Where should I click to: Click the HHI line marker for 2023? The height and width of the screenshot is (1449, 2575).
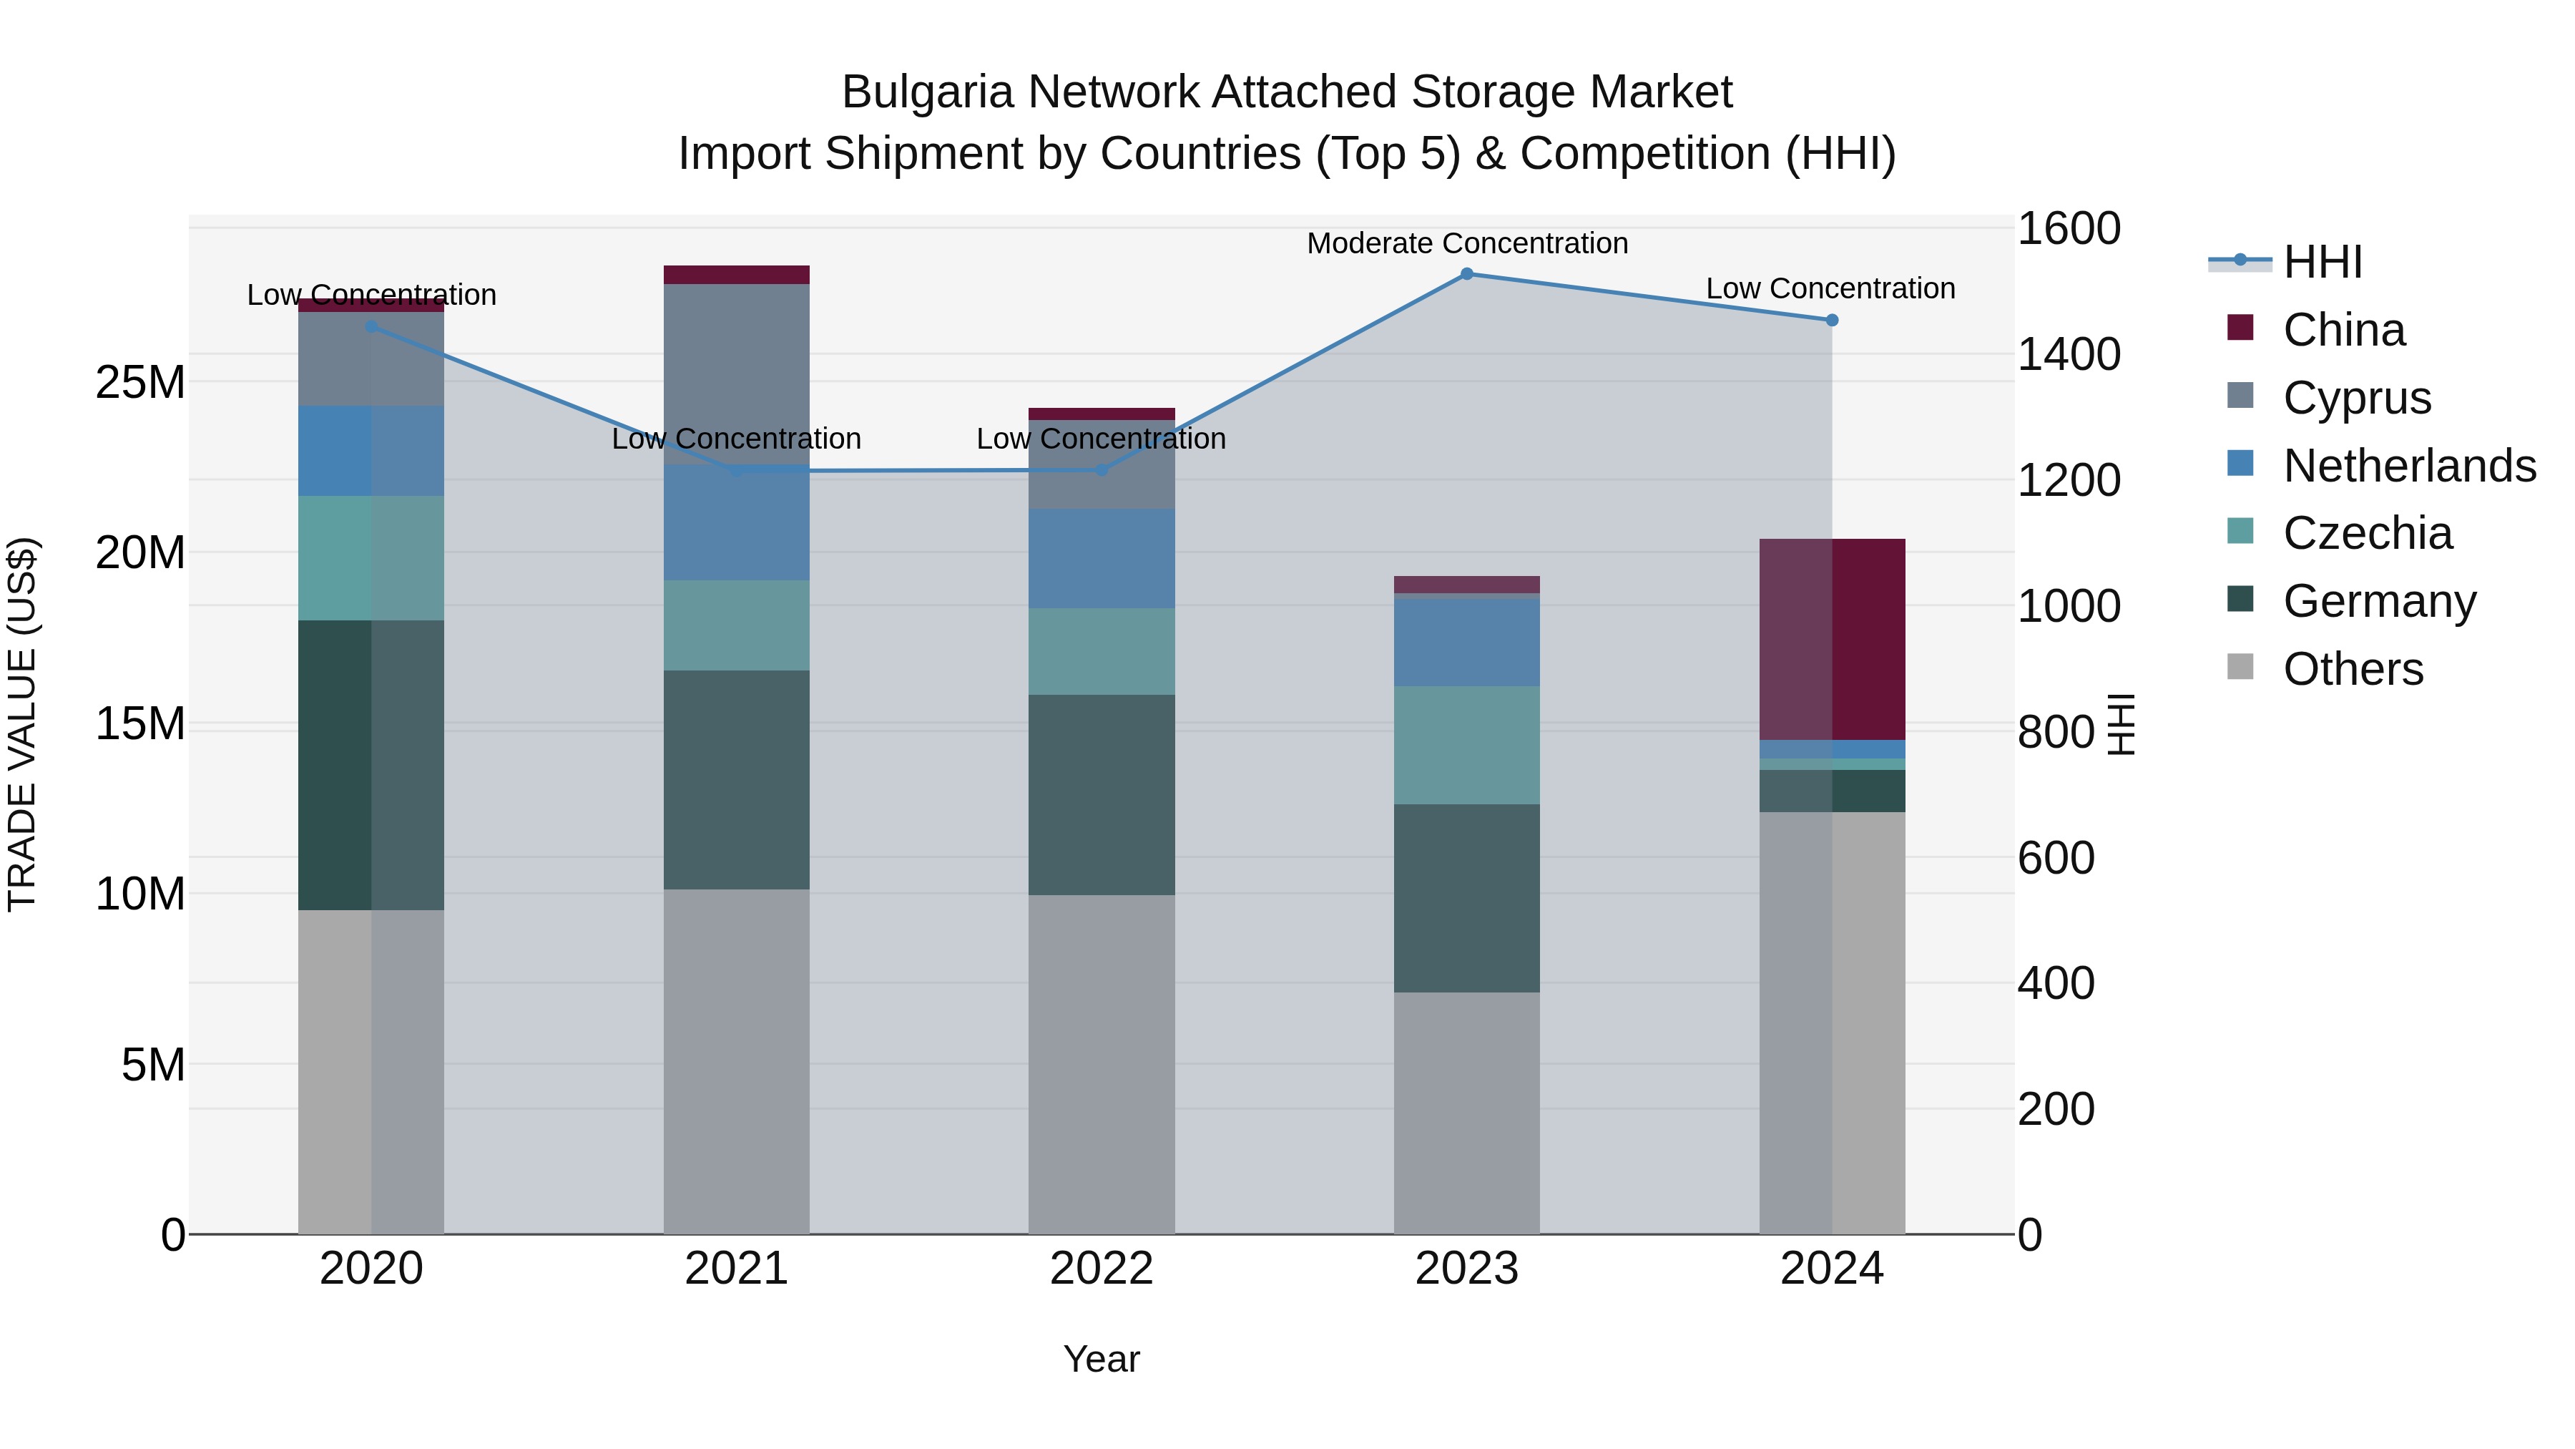(1466, 274)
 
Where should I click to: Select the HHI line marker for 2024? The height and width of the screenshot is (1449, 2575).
(1831, 320)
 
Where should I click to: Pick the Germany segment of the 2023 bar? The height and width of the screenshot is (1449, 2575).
(1466, 898)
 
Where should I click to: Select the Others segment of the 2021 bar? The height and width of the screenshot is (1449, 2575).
(736, 1060)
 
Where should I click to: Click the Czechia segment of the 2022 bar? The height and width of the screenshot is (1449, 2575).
(1102, 651)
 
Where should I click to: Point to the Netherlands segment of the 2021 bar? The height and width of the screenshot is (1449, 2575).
(736, 522)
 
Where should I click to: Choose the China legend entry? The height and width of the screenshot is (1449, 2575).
(2343, 330)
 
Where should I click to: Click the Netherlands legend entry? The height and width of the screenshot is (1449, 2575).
(2409, 466)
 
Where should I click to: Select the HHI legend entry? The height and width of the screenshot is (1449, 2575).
(2322, 262)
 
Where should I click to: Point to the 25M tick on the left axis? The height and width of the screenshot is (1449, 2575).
(140, 382)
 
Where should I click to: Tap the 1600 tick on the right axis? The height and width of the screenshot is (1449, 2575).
(2068, 228)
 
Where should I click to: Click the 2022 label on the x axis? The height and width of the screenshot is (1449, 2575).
(1102, 1269)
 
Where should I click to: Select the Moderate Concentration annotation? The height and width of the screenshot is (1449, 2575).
(1466, 243)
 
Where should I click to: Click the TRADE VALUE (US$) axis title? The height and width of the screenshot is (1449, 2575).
(23, 724)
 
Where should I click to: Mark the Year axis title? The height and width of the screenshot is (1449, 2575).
(1102, 1359)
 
